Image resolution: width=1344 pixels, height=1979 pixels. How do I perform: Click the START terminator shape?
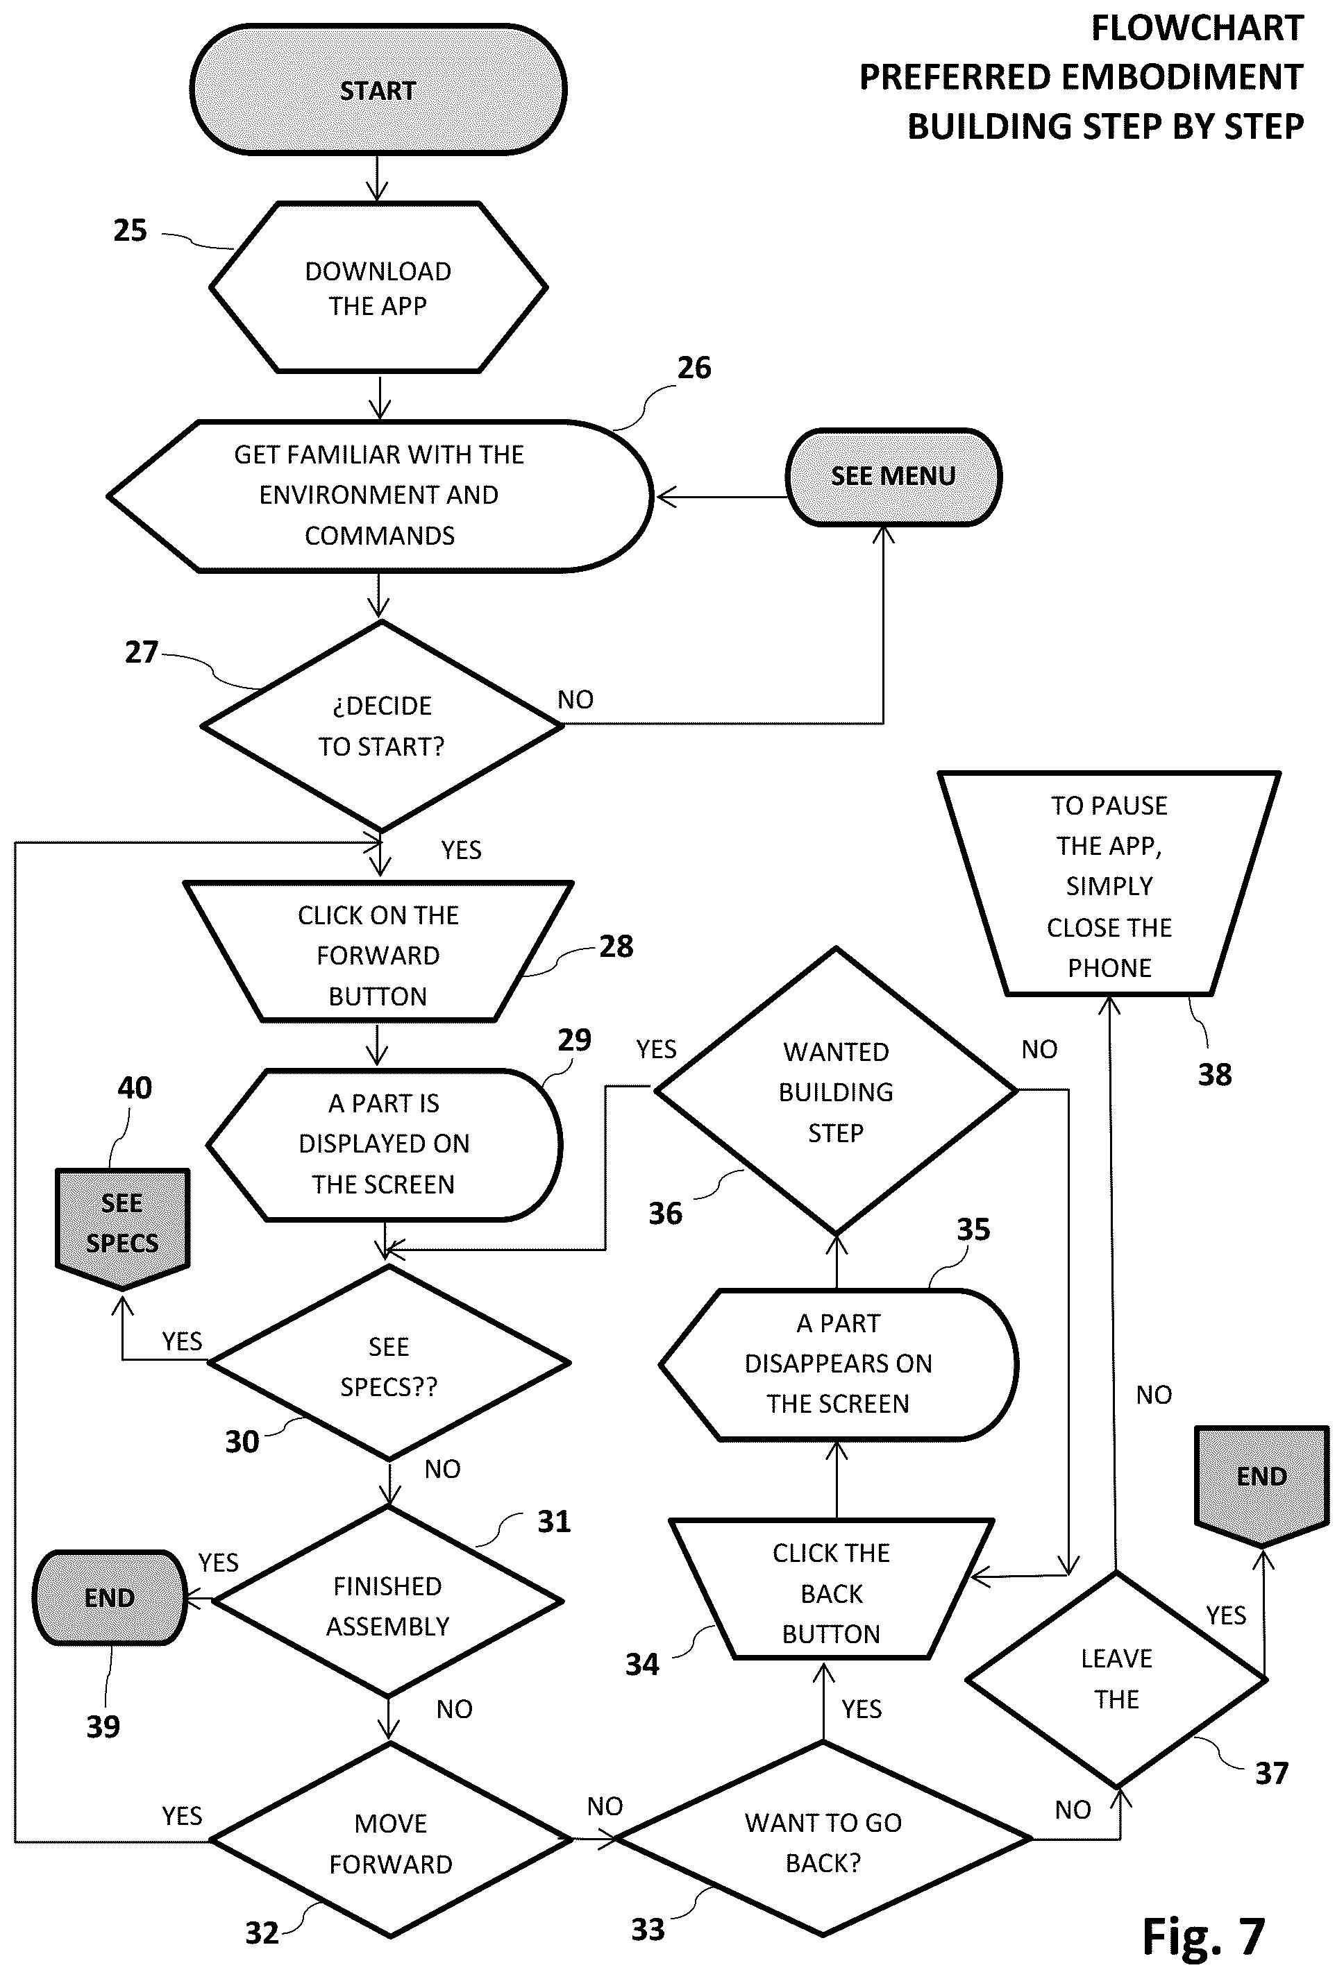pyautogui.click(x=378, y=90)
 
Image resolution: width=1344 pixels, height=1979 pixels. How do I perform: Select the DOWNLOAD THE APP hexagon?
pyautogui.click(x=378, y=287)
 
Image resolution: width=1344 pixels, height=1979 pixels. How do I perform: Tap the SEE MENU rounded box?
pyautogui.click(x=893, y=477)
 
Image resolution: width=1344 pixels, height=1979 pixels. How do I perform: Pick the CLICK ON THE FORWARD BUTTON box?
pyautogui.click(x=378, y=951)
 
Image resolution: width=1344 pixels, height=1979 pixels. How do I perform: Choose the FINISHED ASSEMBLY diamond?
pyautogui.click(x=388, y=1602)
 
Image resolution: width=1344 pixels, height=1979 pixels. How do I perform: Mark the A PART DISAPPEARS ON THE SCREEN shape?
pyautogui.click(x=839, y=1365)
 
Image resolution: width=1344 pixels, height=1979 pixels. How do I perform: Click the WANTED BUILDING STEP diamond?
pyautogui.click(x=837, y=1090)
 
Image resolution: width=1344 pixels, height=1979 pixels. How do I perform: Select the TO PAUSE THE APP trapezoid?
pyautogui.click(x=1109, y=883)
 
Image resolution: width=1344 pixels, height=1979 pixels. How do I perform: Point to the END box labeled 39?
pyautogui.click(x=110, y=1597)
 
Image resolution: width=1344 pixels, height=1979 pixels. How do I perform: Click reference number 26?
pyautogui.click(x=694, y=368)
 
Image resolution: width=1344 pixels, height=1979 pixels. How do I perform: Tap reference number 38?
pyautogui.click(x=1215, y=1075)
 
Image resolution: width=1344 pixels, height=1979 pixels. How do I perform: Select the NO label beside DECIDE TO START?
pyautogui.click(x=576, y=700)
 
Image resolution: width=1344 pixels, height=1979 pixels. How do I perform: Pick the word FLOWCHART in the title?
pyautogui.click(x=1198, y=28)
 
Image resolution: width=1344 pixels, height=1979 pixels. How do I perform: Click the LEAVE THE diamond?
pyautogui.click(x=1116, y=1680)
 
